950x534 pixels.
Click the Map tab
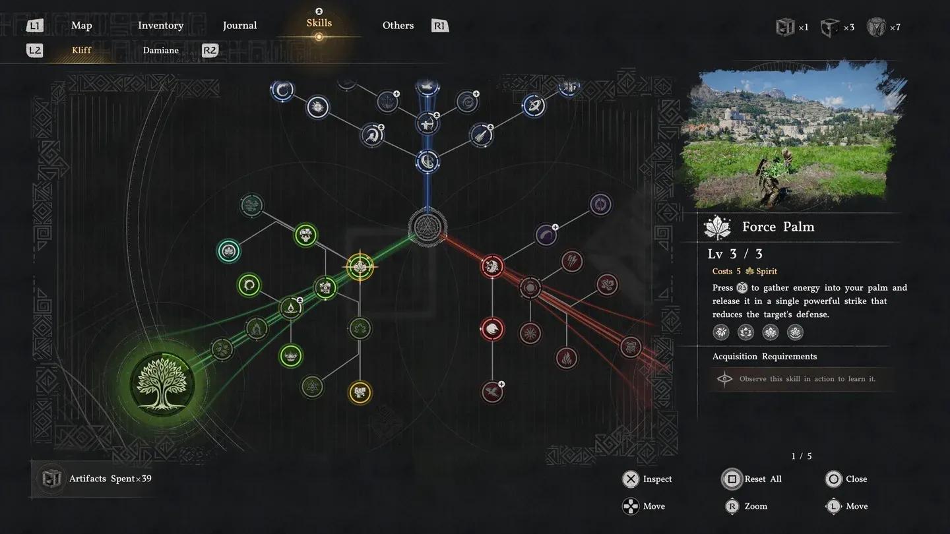point(81,26)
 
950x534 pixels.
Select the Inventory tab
point(160,26)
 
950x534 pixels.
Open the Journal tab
point(239,26)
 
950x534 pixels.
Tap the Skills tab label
point(319,23)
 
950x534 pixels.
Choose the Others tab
point(398,26)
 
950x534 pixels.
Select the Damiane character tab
point(160,51)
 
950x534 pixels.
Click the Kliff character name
point(81,51)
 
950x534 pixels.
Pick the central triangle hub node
point(427,227)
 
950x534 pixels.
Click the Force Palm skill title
point(778,227)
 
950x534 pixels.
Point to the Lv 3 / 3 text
point(735,254)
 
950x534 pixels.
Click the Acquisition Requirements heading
point(764,357)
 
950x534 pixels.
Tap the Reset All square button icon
point(732,479)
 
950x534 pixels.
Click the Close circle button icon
point(834,479)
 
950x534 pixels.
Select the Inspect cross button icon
point(631,479)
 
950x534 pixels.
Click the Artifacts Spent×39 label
point(110,479)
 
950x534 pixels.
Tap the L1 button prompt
point(35,26)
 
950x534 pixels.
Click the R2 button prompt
point(210,51)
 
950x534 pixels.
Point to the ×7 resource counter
point(894,28)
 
